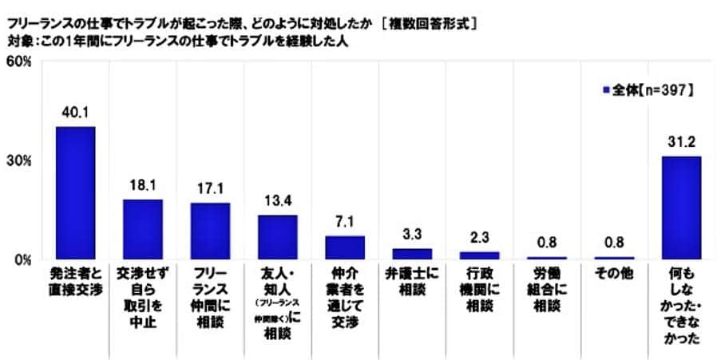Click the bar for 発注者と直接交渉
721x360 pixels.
(x=75, y=192)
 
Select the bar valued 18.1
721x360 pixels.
(x=142, y=229)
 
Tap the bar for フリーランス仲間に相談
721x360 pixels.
(x=210, y=231)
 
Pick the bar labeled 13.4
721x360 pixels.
(x=277, y=237)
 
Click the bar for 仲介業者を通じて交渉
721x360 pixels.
(x=345, y=247)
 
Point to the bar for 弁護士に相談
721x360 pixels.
(x=412, y=254)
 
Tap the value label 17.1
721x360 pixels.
(x=210, y=190)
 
